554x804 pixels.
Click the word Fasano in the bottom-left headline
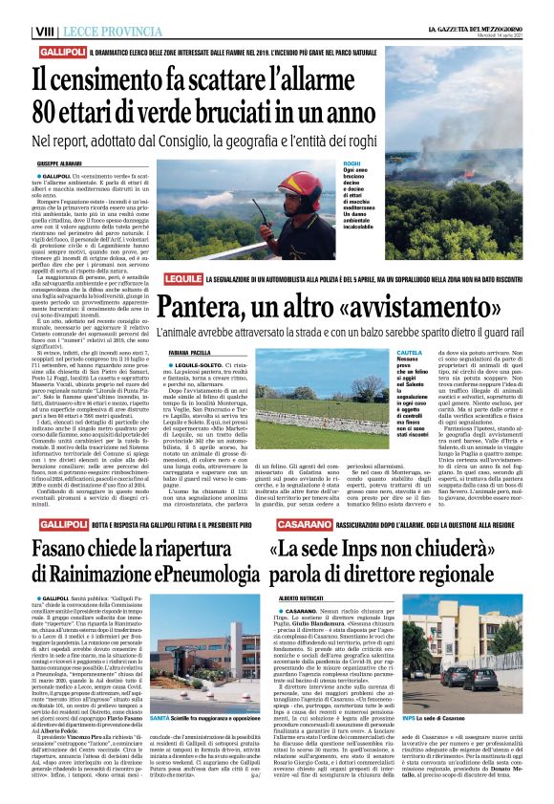(69, 554)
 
